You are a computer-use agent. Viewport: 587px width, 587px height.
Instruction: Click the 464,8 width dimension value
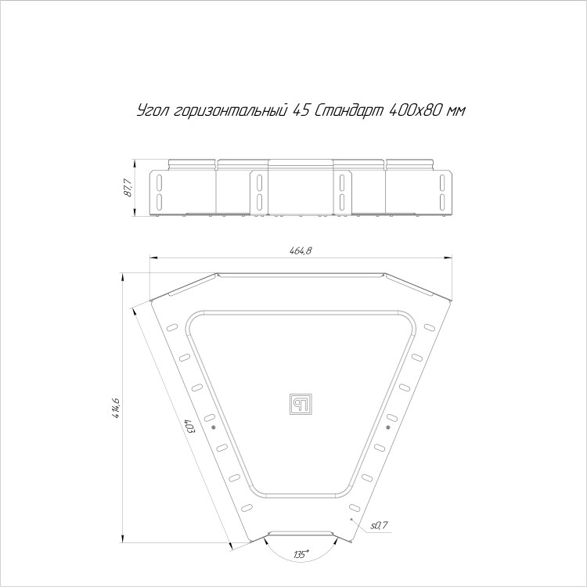pyautogui.click(x=301, y=250)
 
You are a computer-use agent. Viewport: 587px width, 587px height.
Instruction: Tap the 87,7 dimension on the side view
pyautogui.click(x=128, y=188)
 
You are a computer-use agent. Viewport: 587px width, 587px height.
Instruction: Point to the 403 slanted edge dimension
pyautogui.click(x=191, y=427)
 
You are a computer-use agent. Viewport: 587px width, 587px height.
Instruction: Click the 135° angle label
pyautogui.click(x=302, y=553)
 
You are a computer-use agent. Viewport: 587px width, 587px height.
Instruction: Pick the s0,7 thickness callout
pyautogui.click(x=379, y=526)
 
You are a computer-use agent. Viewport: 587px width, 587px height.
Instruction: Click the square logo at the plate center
pyautogui.click(x=301, y=405)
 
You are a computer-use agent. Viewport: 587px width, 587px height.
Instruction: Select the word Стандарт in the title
pyautogui.click(x=350, y=110)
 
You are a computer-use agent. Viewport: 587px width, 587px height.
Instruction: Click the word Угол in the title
pyautogui.click(x=153, y=111)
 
